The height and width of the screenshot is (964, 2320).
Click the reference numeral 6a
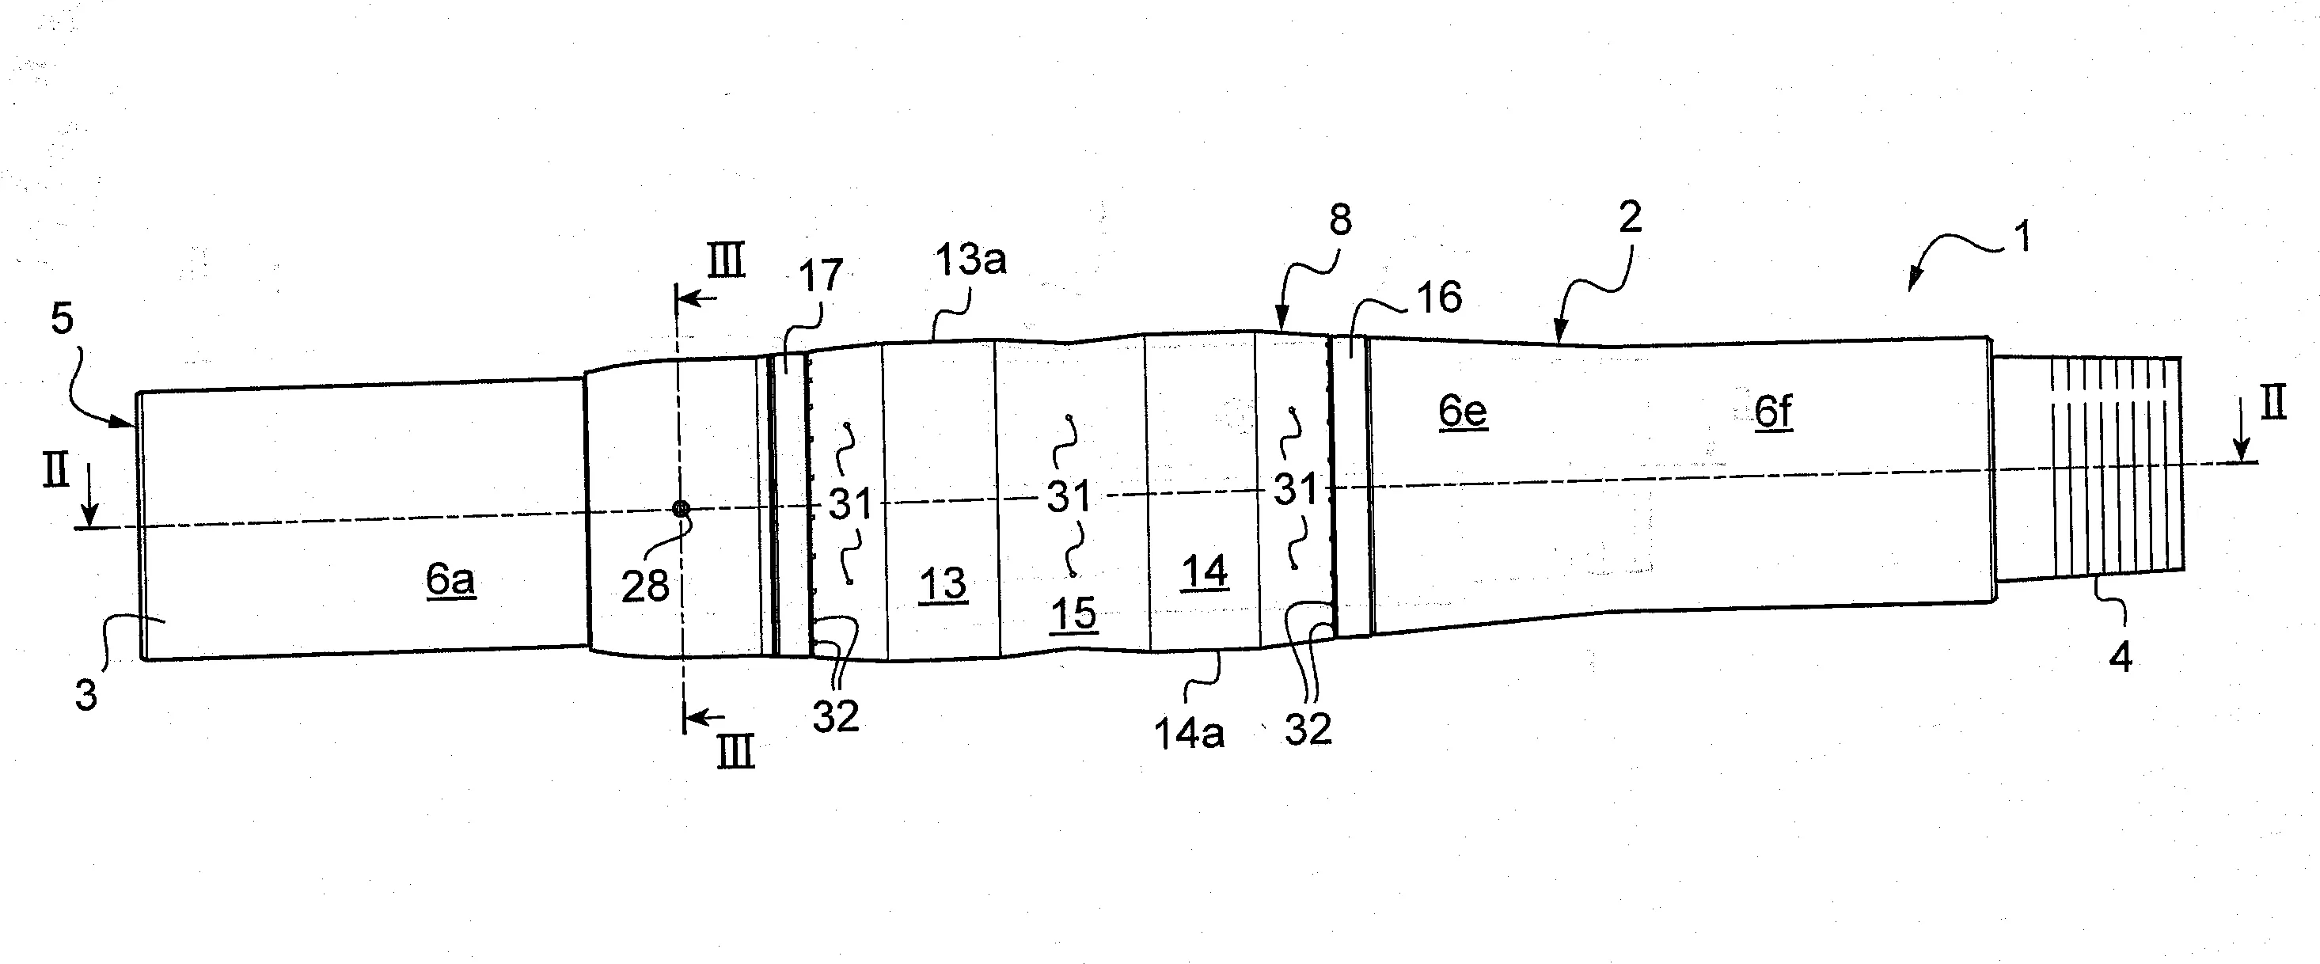click(450, 579)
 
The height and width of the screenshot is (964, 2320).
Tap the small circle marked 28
click(682, 509)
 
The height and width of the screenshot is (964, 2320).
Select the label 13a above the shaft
click(970, 260)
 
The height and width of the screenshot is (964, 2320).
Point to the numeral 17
click(821, 275)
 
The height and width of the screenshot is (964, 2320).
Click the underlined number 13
click(943, 584)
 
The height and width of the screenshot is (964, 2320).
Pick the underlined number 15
click(1073, 614)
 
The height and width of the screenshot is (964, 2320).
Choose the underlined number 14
click(1204, 572)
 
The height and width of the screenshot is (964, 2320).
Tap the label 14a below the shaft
click(1189, 734)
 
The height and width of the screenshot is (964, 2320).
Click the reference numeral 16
click(1439, 298)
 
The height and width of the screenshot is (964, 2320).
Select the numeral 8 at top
click(1340, 220)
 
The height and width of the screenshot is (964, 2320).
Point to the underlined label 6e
click(1463, 411)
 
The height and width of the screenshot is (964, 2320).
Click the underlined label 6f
click(1773, 412)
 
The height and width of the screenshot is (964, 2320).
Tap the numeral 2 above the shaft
click(1630, 217)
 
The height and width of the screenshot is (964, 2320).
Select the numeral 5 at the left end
click(61, 319)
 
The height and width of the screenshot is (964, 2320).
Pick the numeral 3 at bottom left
click(85, 696)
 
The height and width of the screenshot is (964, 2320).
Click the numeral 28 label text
click(645, 586)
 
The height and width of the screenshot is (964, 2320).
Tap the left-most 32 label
click(835, 716)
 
